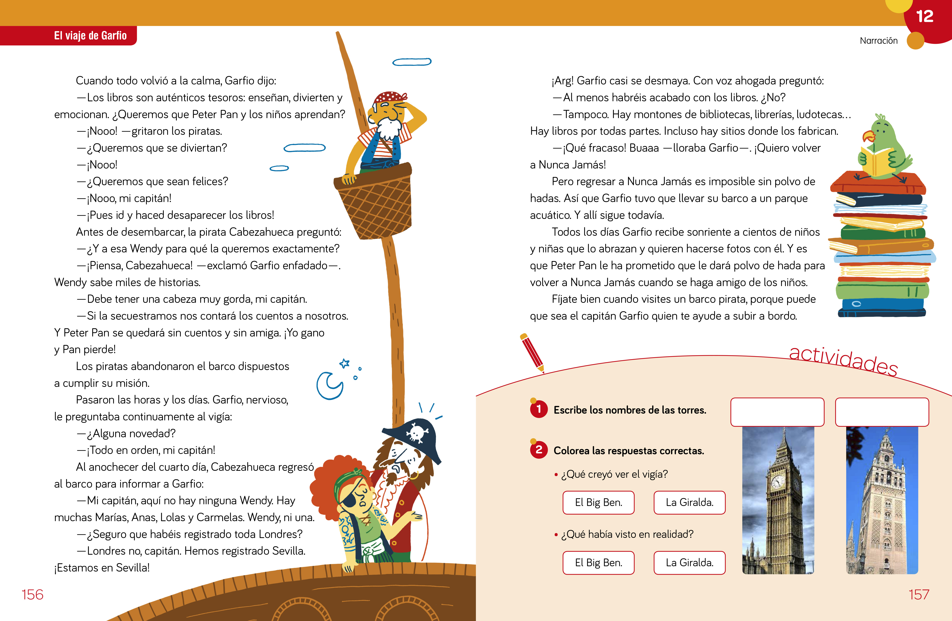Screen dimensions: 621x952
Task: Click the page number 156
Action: coord(32,595)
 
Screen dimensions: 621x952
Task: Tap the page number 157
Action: coord(919,595)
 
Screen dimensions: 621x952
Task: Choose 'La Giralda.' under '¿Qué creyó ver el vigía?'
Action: coord(689,502)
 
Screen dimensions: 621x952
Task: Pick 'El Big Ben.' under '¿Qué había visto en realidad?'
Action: coord(598,563)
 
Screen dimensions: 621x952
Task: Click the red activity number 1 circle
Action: coord(539,409)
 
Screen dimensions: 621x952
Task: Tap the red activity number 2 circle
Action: coord(539,450)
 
